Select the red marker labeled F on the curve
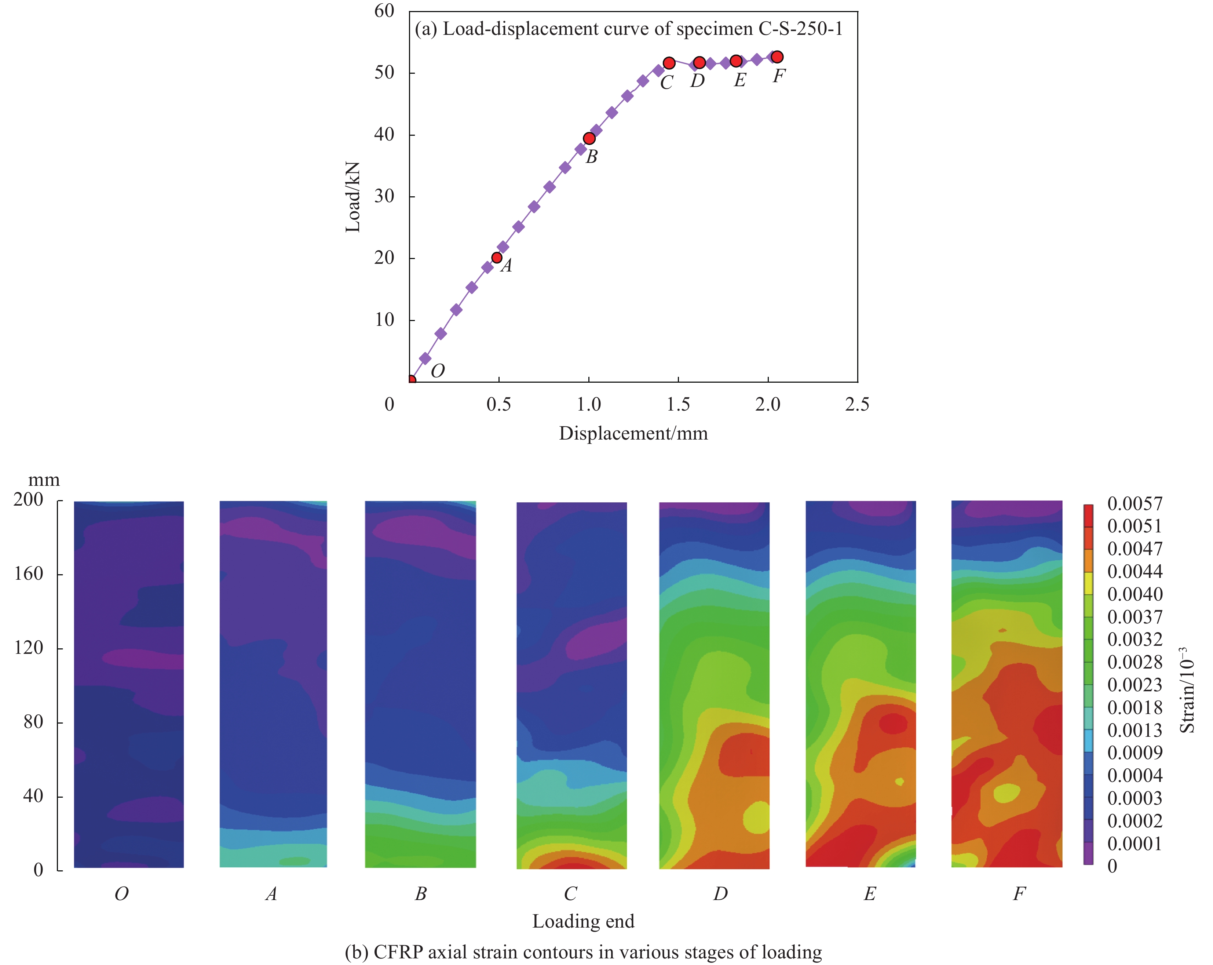pyautogui.click(x=777, y=57)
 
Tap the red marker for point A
pyautogui.click(x=497, y=258)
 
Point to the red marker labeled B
pyautogui.click(x=589, y=138)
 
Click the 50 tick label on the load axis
pyautogui.click(x=384, y=73)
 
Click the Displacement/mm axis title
pyautogui.click(x=633, y=433)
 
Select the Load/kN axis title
pyautogui.click(x=353, y=197)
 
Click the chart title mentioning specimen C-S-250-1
pyautogui.click(x=628, y=29)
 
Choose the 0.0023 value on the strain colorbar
pyautogui.click(x=1134, y=685)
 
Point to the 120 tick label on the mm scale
pyautogui.click(x=28, y=648)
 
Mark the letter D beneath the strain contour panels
pyautogui.click(x=720, y=893)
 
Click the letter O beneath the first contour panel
pyautogui.click(x=121, y=893)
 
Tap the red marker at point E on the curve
pyautogui.click(x=736, y=61)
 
